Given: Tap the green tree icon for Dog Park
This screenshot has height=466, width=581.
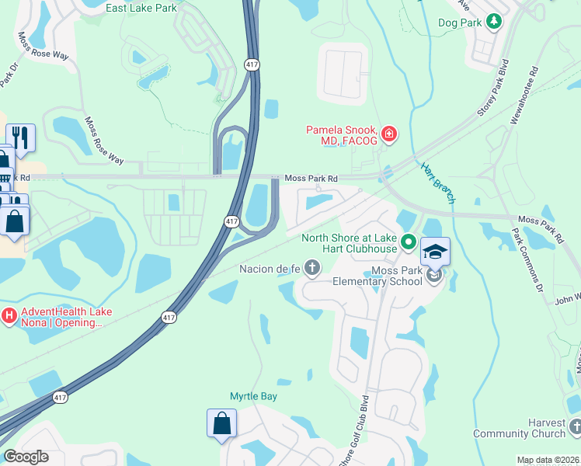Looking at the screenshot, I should [493, 23].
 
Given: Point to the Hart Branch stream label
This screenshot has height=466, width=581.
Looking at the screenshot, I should [438, 183].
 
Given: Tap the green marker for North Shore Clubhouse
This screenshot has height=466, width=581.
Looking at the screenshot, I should [409, 245].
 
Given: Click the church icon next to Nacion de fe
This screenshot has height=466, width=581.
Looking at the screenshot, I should [312, 269].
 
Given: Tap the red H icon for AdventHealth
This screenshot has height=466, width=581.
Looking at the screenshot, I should [9, 315].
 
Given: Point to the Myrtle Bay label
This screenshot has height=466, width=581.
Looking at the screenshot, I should [253, 396].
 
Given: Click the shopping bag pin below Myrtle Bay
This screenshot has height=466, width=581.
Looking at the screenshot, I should [221, 424].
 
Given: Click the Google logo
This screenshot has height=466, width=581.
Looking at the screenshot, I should [26, 456].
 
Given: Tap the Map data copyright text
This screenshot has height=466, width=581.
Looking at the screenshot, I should [548, 460].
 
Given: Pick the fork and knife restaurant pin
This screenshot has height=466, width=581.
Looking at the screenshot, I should [20, 138].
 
